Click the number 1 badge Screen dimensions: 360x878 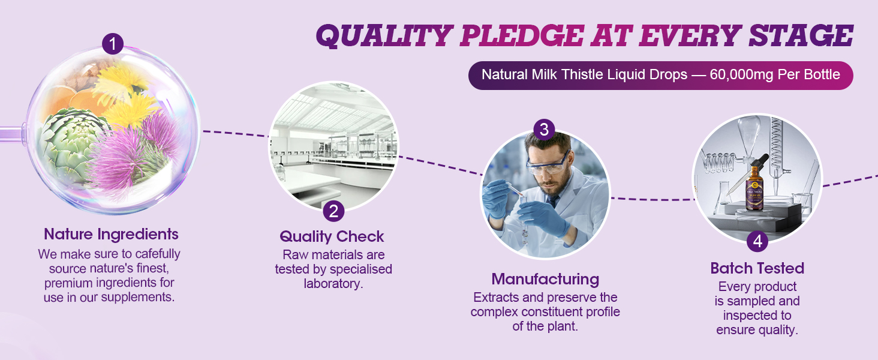(113, 43)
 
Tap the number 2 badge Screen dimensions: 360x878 (333, 211)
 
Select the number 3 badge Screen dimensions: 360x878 (544, 129)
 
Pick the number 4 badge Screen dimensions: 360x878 (757, 241)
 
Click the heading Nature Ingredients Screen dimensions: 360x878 (111, 234)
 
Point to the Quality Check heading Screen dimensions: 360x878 (332, 236)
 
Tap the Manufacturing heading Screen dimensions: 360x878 (545, 279)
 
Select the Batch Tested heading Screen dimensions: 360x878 (757, 268)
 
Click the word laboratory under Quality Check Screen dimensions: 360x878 (333, 283)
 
